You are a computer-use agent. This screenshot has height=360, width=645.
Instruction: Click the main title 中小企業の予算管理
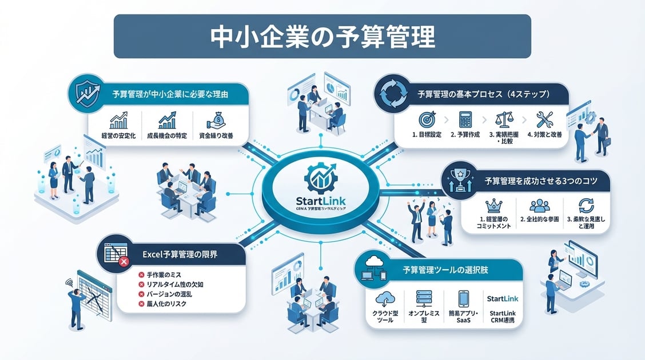click(322, 36)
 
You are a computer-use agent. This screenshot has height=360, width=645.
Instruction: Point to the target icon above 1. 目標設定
click(426, 119)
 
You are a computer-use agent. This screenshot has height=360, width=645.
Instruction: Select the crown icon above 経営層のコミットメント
click(492, 205)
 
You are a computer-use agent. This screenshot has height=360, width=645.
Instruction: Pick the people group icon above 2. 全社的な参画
click(539, 205)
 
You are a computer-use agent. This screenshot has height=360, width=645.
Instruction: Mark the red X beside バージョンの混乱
click(141, 294)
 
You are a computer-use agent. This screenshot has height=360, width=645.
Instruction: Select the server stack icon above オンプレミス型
click(424, 298)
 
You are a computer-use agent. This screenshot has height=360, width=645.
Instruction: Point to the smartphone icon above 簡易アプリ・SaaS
click(463, 298)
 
